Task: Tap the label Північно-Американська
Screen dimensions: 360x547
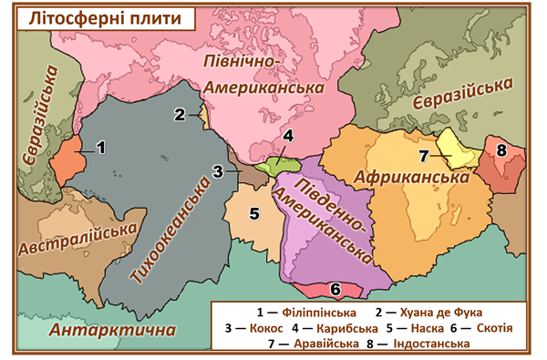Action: (263, 75)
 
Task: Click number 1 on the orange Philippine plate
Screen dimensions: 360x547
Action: (101, 146)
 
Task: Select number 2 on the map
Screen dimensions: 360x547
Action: (181, 114)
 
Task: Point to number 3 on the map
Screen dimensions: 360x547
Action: (218, 170)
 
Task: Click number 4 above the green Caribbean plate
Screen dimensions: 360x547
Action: (287, 138)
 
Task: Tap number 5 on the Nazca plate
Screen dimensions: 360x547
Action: (255, 214)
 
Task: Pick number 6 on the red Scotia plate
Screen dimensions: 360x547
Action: (335, 289)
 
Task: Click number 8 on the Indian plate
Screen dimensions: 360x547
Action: (501, 149)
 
